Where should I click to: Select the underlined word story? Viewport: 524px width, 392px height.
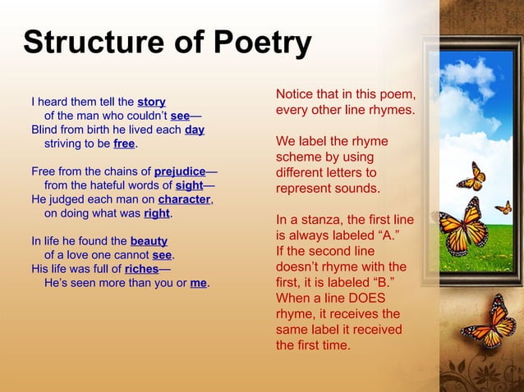click(151, 102)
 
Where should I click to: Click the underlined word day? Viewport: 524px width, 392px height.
click(195, 130)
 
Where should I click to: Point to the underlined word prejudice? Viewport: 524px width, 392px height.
click(180, 171)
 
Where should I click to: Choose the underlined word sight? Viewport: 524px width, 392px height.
click(189, 185)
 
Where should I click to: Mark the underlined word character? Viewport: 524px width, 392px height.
click(185, 199)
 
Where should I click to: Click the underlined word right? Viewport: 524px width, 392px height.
click(156, 213)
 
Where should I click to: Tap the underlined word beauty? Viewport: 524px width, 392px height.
click(149, 241)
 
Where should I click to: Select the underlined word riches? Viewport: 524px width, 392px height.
click(141, 269)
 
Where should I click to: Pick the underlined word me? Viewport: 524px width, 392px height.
click(198, 283)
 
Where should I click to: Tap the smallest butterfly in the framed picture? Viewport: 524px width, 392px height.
click(503, 207)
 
